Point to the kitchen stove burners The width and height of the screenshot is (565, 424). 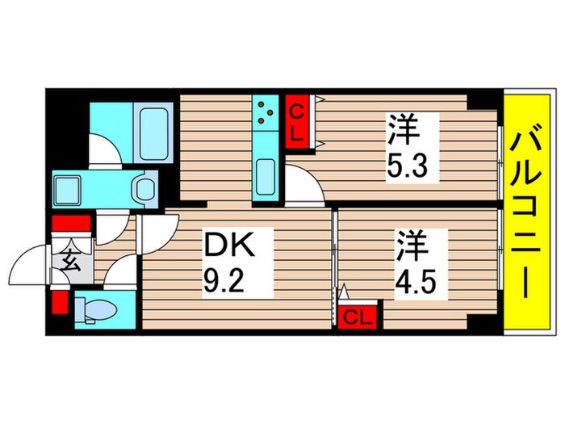click(266, 115)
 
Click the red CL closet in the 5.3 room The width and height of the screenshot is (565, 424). click(296, 121)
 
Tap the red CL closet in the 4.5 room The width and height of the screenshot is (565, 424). click(355, 317)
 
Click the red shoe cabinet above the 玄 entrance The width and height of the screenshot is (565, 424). click(69, 224)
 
